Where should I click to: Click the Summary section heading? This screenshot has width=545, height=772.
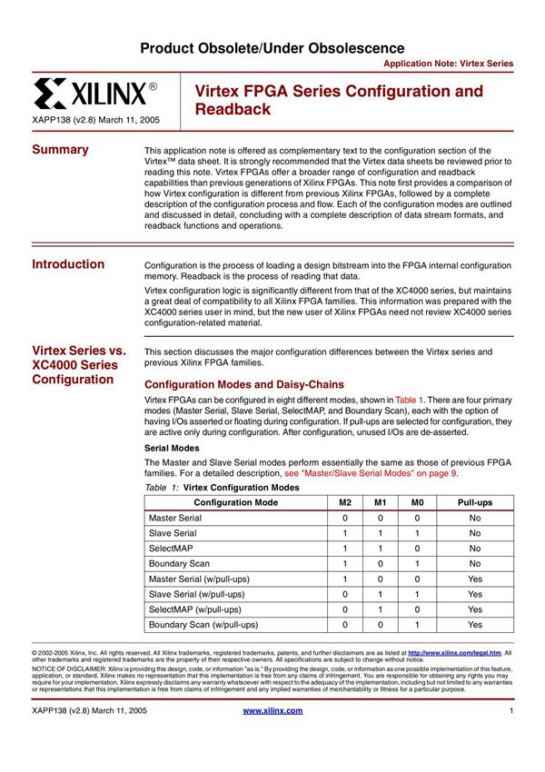coord(60,150)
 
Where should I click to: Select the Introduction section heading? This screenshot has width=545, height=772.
coord(68,264)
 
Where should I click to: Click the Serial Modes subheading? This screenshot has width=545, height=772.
coord(173,448)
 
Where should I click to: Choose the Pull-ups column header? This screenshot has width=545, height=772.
coord(474,502)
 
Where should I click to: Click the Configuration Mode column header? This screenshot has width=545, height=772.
coord(236,502)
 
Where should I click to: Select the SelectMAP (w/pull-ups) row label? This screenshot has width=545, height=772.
coord(194,609)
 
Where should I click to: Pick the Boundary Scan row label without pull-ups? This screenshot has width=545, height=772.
coord(180,564)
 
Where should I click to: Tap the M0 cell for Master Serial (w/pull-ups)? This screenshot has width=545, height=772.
coord(417,579)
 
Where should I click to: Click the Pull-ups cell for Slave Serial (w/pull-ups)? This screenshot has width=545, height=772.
coord(474,594)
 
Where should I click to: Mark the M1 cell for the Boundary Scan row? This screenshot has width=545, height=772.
coord(381,564)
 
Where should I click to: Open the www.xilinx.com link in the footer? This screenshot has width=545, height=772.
coord(272,710)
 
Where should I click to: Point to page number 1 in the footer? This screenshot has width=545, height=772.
coord(512,710)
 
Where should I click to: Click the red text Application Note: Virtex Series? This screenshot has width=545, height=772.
coord(448,64)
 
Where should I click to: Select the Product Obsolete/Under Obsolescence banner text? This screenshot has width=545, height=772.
coord(272,47)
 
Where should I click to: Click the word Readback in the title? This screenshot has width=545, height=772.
coord(233,109)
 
